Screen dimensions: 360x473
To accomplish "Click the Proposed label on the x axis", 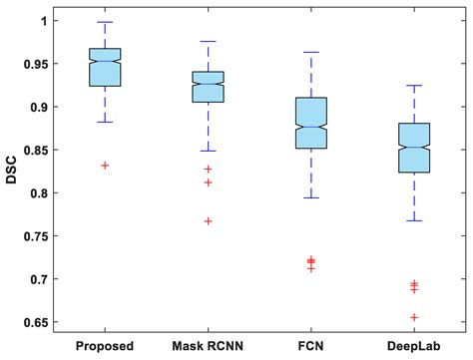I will [x=106, y=345].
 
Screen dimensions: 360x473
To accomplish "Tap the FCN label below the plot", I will [x=311, y=345].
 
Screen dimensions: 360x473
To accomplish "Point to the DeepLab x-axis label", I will [x=413, y=345].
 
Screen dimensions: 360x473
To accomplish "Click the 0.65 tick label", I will [x=39, y=322].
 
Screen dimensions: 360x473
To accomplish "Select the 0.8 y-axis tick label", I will [x=43, y=193].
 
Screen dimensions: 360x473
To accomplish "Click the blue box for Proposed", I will [x=106, y=67].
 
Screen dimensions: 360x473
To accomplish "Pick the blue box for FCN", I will [x=311, y=123].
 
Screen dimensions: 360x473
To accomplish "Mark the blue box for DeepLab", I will [x=413, y=148].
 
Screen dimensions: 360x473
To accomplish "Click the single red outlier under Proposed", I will [x=106, y=166].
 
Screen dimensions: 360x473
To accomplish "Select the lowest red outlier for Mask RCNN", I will [x=208, y=221].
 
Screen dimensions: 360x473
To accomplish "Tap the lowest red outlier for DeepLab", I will [x=413, y=317].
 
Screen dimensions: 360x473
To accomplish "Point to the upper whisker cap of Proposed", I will [x=106, y=22].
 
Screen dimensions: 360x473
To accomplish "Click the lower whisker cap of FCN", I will [x=311, y=197].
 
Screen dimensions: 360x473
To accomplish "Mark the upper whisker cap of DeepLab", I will [x=413, y=86].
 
